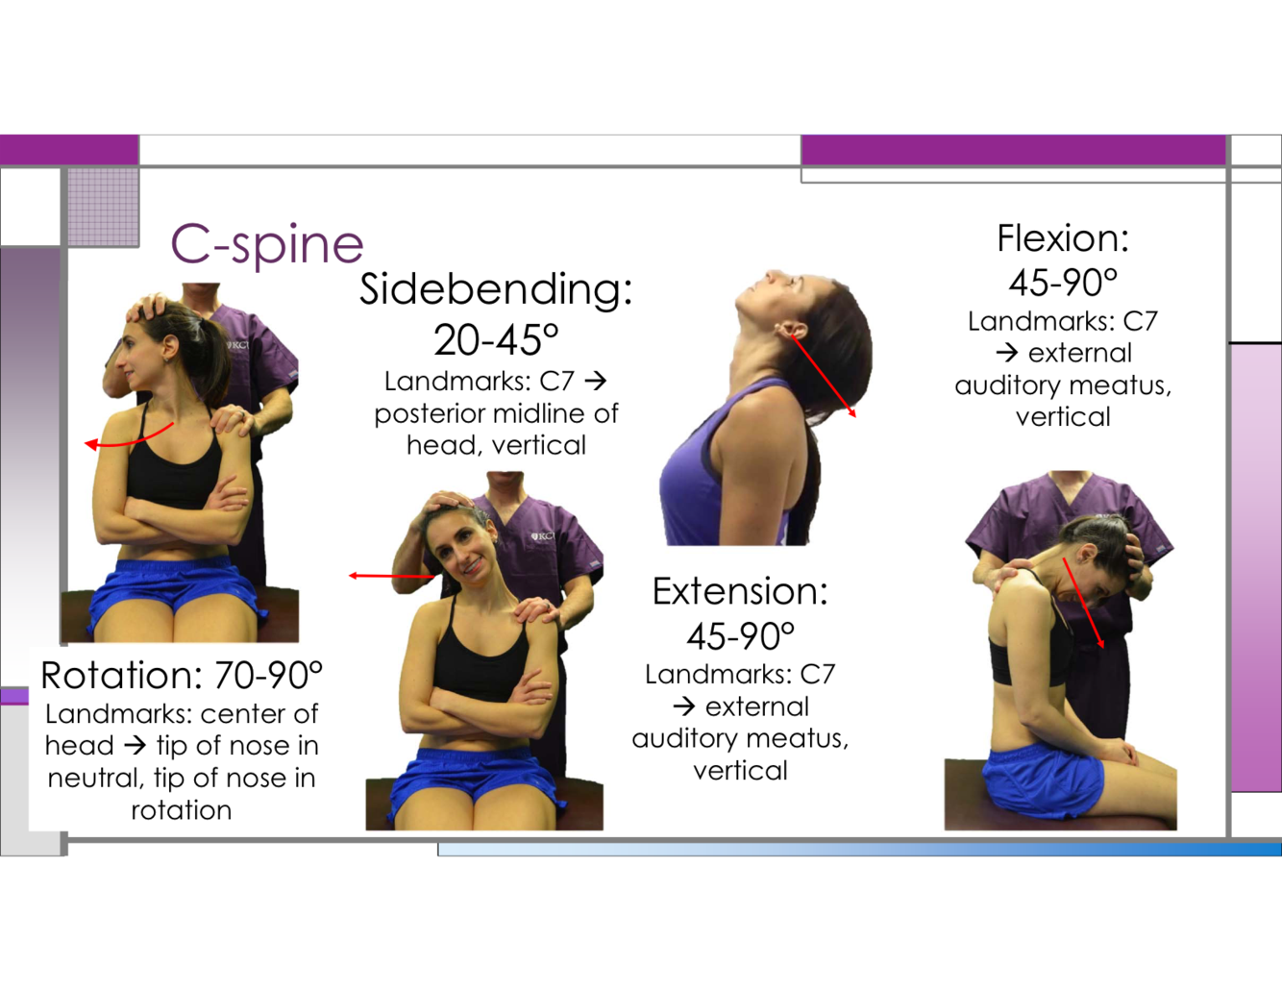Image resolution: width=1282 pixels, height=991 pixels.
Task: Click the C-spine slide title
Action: coord(266,243)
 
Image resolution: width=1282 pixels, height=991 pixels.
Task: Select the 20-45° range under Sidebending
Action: coord(495,339)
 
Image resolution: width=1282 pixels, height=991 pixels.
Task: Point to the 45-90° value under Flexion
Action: coord(1063,283)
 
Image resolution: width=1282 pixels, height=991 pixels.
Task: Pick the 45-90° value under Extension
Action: coord(740,636)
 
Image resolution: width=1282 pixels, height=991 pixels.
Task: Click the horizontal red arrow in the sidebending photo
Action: coord(389,576)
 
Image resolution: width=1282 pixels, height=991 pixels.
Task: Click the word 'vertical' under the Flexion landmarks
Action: coord(1063,417)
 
